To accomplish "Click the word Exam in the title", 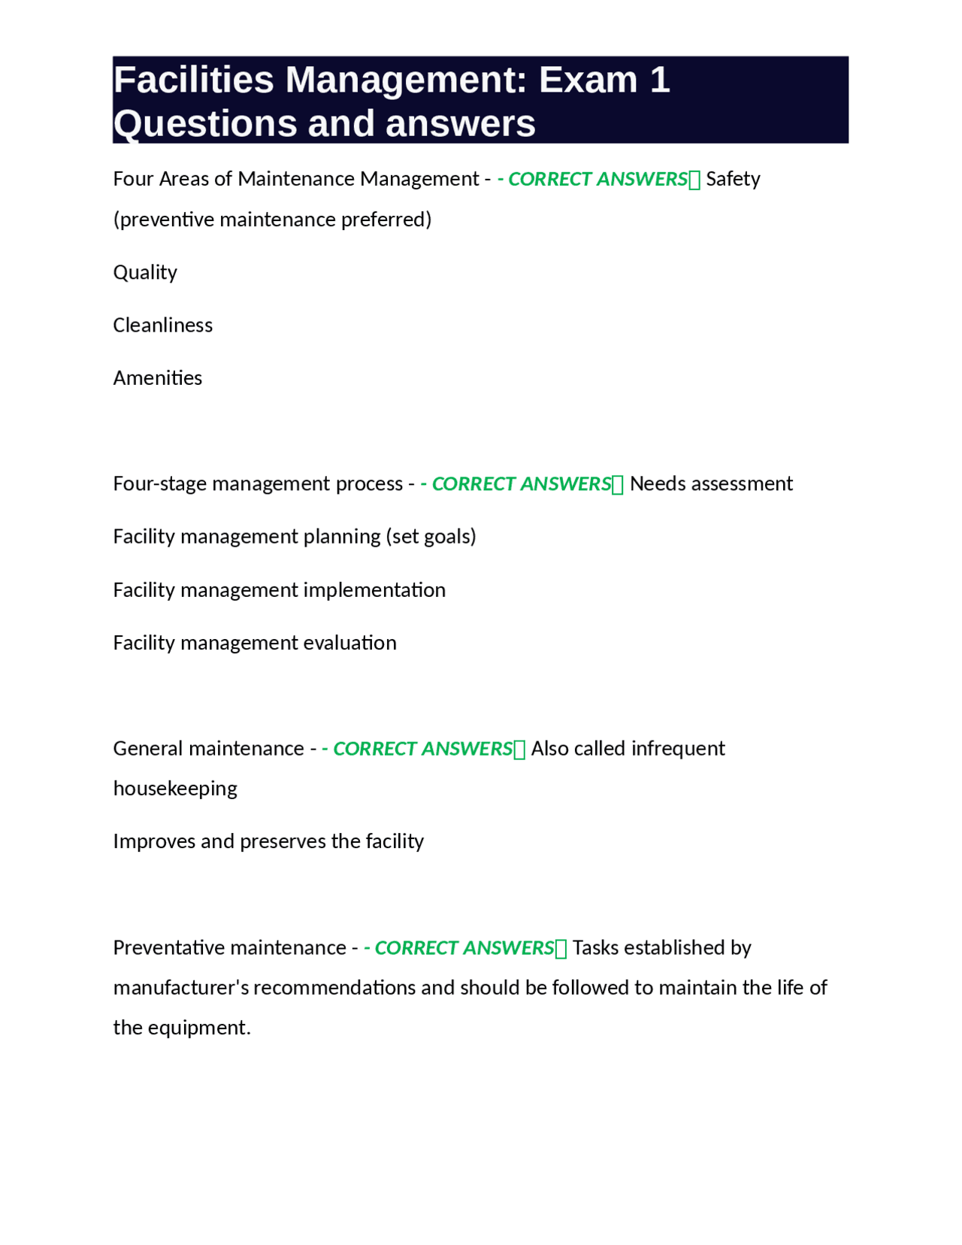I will (588, 80).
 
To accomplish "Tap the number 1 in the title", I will (659, 80).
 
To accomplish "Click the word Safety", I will (733, 179).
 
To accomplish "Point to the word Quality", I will (145, 272).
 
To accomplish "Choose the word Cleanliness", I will (163, 325).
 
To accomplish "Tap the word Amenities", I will (158, 377).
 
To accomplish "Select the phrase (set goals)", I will (431, 536).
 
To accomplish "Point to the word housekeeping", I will (175, 788).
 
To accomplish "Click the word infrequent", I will (678, 748).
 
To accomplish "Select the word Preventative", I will (168, 947).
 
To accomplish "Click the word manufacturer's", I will (180, 987).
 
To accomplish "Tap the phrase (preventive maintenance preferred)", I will (273, 220).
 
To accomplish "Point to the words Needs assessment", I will (711, 483).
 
